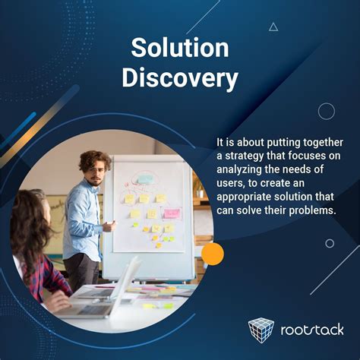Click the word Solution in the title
(x=180, y=48)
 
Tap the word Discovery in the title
(x=180, y=78)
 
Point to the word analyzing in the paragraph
(x=244, y=167)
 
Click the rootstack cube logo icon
(x=262, y=330)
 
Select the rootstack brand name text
(x=311, y=331)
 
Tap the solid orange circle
(x=213, y=254)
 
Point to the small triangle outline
(x=273, y=27)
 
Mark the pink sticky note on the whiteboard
(x=172, y=213)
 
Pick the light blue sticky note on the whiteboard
(x=144, y=179)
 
